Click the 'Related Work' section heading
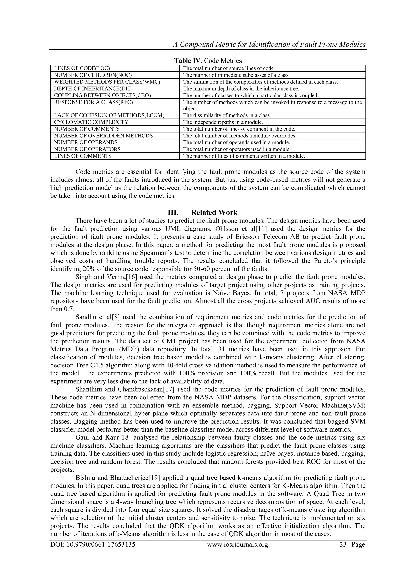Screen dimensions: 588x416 214,212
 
